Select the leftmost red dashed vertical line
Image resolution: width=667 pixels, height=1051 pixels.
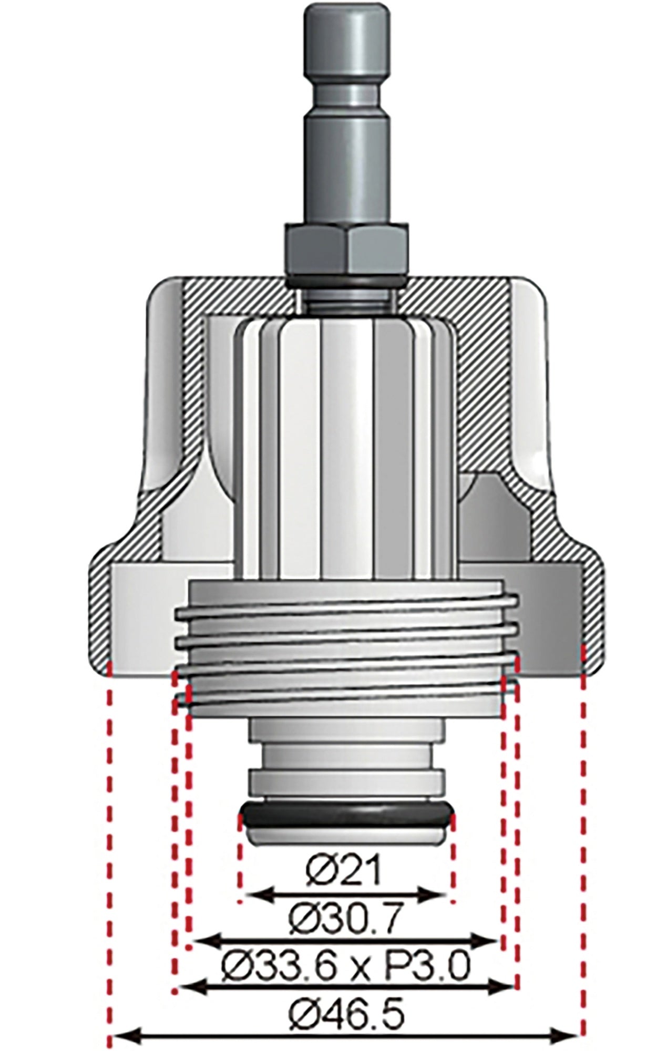[x=110, y=867]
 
